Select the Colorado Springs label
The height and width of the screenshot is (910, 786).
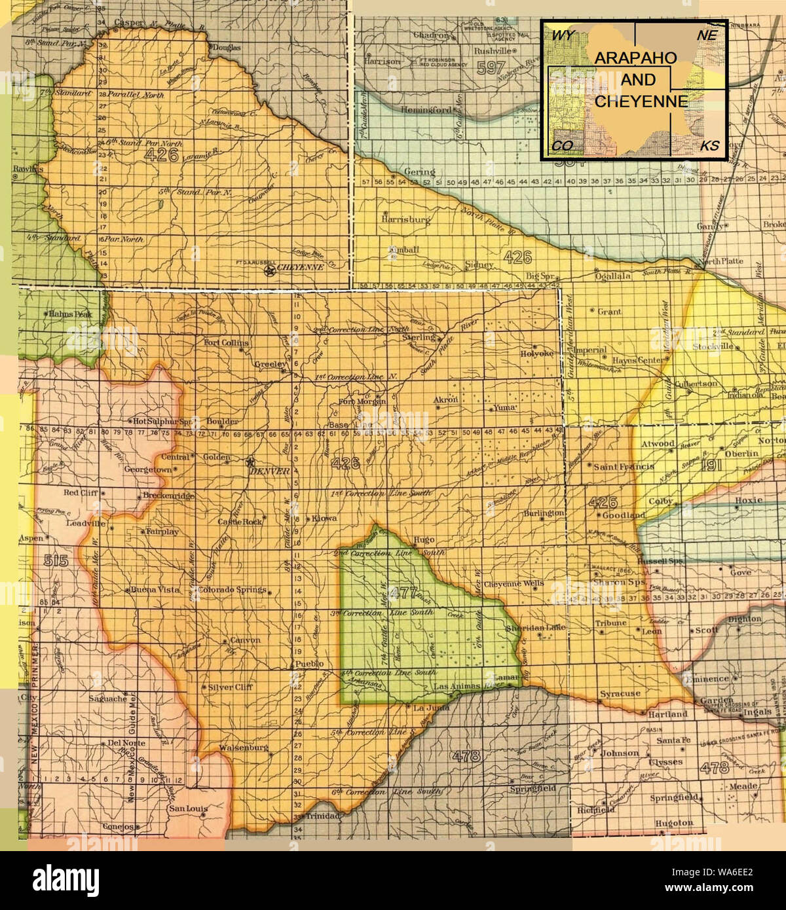(232, 589)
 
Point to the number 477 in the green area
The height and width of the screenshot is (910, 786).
(402, 594)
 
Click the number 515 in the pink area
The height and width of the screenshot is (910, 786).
(56, 560)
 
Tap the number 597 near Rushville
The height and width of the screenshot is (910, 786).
(491, 67)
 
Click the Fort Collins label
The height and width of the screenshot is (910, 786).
(226, 342)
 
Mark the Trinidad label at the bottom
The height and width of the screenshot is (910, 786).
(321, 816)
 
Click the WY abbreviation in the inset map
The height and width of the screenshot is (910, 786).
(563, 35)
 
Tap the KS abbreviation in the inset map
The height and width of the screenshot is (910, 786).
(709, 145)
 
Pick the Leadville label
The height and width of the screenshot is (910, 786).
(86, 524)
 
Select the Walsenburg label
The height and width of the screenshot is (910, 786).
(244, 747)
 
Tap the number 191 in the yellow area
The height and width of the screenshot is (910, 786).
(711, 465)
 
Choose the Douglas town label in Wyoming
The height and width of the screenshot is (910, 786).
(226, 48)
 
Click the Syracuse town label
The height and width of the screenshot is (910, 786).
(620, 693)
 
